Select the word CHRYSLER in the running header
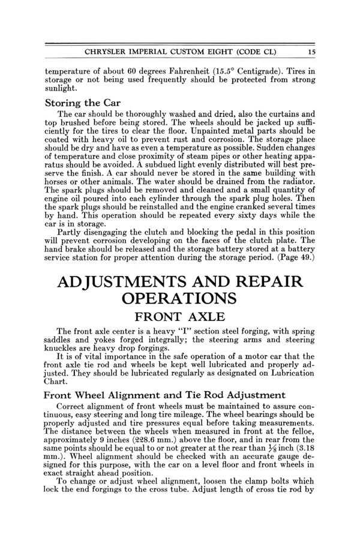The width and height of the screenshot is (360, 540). click(110, 52)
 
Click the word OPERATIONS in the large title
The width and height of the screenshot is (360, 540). click(180, 298)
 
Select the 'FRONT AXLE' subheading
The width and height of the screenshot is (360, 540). click(180, 317)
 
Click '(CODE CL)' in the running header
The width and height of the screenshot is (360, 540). click(268, 52)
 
